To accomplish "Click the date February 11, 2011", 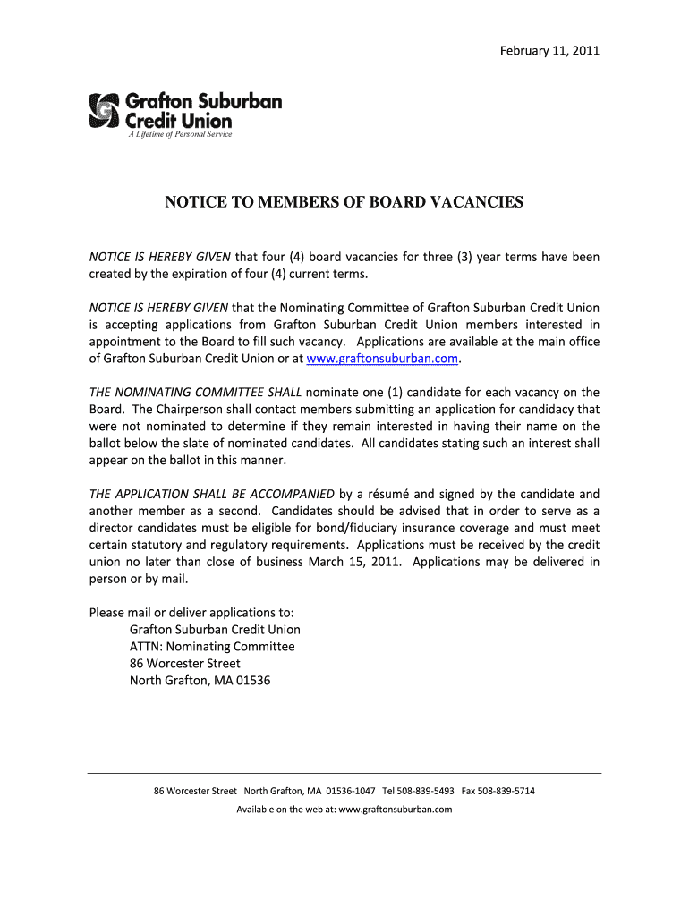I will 549,50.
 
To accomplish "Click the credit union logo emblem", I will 104,110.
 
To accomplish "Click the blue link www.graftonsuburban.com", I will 382,359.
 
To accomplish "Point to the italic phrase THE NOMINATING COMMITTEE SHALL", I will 196,393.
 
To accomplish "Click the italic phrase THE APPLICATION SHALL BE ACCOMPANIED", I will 211,494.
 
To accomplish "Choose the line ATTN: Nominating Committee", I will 212,647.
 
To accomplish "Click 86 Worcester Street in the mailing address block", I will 185,664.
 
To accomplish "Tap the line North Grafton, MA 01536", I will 200,681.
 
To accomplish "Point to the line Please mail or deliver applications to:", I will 191,613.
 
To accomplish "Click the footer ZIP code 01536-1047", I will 351,791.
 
